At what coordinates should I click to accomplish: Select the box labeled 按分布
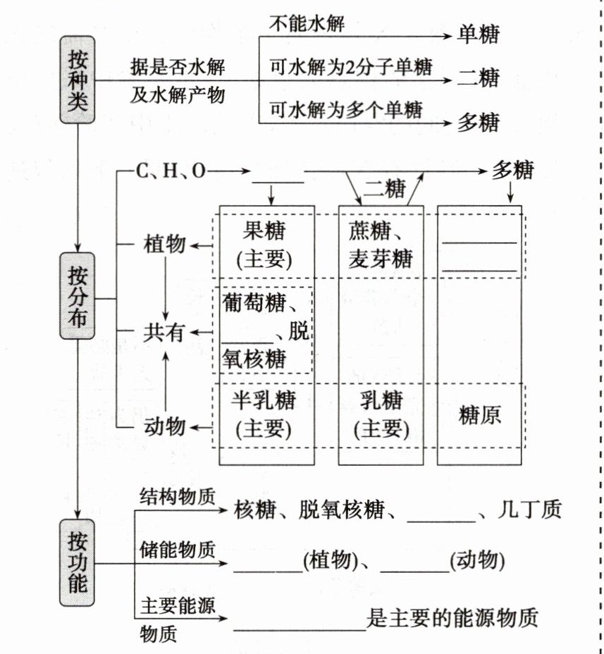pos(77,296)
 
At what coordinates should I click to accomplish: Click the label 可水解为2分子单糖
pos(350,68)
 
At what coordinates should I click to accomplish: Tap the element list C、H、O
pos(171,171)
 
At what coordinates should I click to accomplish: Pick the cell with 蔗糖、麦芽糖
pos(381,245)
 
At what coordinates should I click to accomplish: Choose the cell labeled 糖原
pos(479,414)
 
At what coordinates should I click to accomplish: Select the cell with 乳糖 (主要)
pos(381,414)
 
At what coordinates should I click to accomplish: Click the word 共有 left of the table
pos(164,333)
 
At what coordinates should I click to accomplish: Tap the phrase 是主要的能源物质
pos(452,618)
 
